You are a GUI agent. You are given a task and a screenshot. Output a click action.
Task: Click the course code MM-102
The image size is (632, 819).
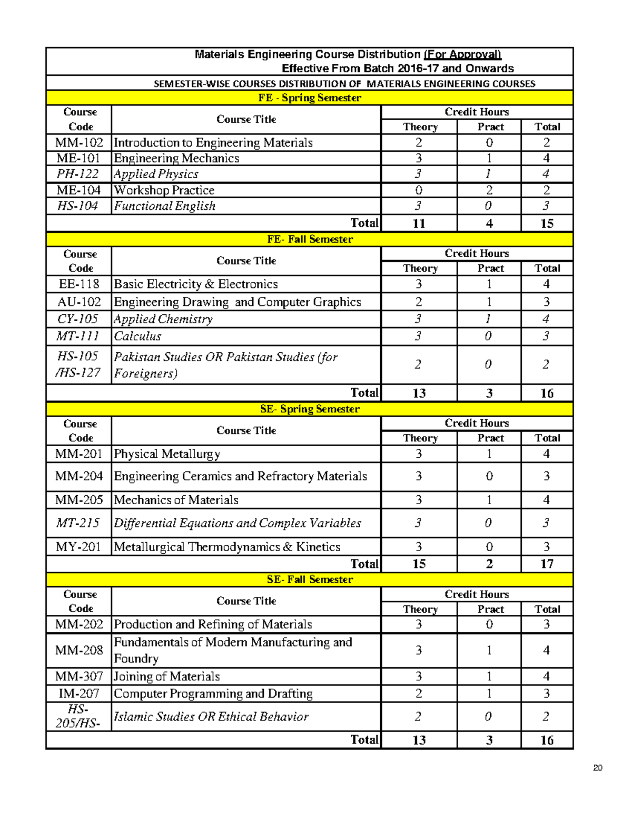point(79,142)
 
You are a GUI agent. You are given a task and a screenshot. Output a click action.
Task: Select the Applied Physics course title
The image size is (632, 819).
point(156,174)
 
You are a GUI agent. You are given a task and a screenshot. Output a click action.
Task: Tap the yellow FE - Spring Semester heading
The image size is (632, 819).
point(310,98)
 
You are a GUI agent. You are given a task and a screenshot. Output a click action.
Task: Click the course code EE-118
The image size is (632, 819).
point(79,284)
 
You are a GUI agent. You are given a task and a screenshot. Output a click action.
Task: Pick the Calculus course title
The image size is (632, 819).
point(137,336)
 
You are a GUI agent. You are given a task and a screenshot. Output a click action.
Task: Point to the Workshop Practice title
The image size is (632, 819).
point(164,190)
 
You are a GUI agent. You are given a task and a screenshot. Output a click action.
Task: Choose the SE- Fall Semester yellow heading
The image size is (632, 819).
point(310,580)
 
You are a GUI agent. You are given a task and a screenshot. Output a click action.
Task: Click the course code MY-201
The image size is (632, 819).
point(78,547)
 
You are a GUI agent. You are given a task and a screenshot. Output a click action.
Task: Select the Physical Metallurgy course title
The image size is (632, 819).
point(167,454)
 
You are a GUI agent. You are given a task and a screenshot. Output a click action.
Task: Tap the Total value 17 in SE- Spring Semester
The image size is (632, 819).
point(547,564)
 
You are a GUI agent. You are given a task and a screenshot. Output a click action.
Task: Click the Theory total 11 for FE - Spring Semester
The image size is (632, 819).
point(419,224)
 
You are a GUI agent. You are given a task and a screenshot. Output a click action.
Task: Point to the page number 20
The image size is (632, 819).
point(597,768)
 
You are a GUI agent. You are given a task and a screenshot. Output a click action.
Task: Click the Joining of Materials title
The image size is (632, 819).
point(167,677)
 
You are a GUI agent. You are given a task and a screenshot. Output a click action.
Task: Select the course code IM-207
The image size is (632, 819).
point(78,693)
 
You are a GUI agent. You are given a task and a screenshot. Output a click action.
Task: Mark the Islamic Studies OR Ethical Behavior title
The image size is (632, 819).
point(211,717)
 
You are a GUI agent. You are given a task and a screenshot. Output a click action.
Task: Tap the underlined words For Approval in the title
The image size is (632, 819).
point(462,54)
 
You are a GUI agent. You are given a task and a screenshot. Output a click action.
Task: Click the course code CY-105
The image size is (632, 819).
point(78,319)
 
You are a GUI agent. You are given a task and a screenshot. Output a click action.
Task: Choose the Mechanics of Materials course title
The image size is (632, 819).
point(176,500)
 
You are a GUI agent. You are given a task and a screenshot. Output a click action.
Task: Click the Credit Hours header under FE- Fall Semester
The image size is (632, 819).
point(477,254)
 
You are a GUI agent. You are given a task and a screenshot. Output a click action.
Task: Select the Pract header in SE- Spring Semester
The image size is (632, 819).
point(490,438)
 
